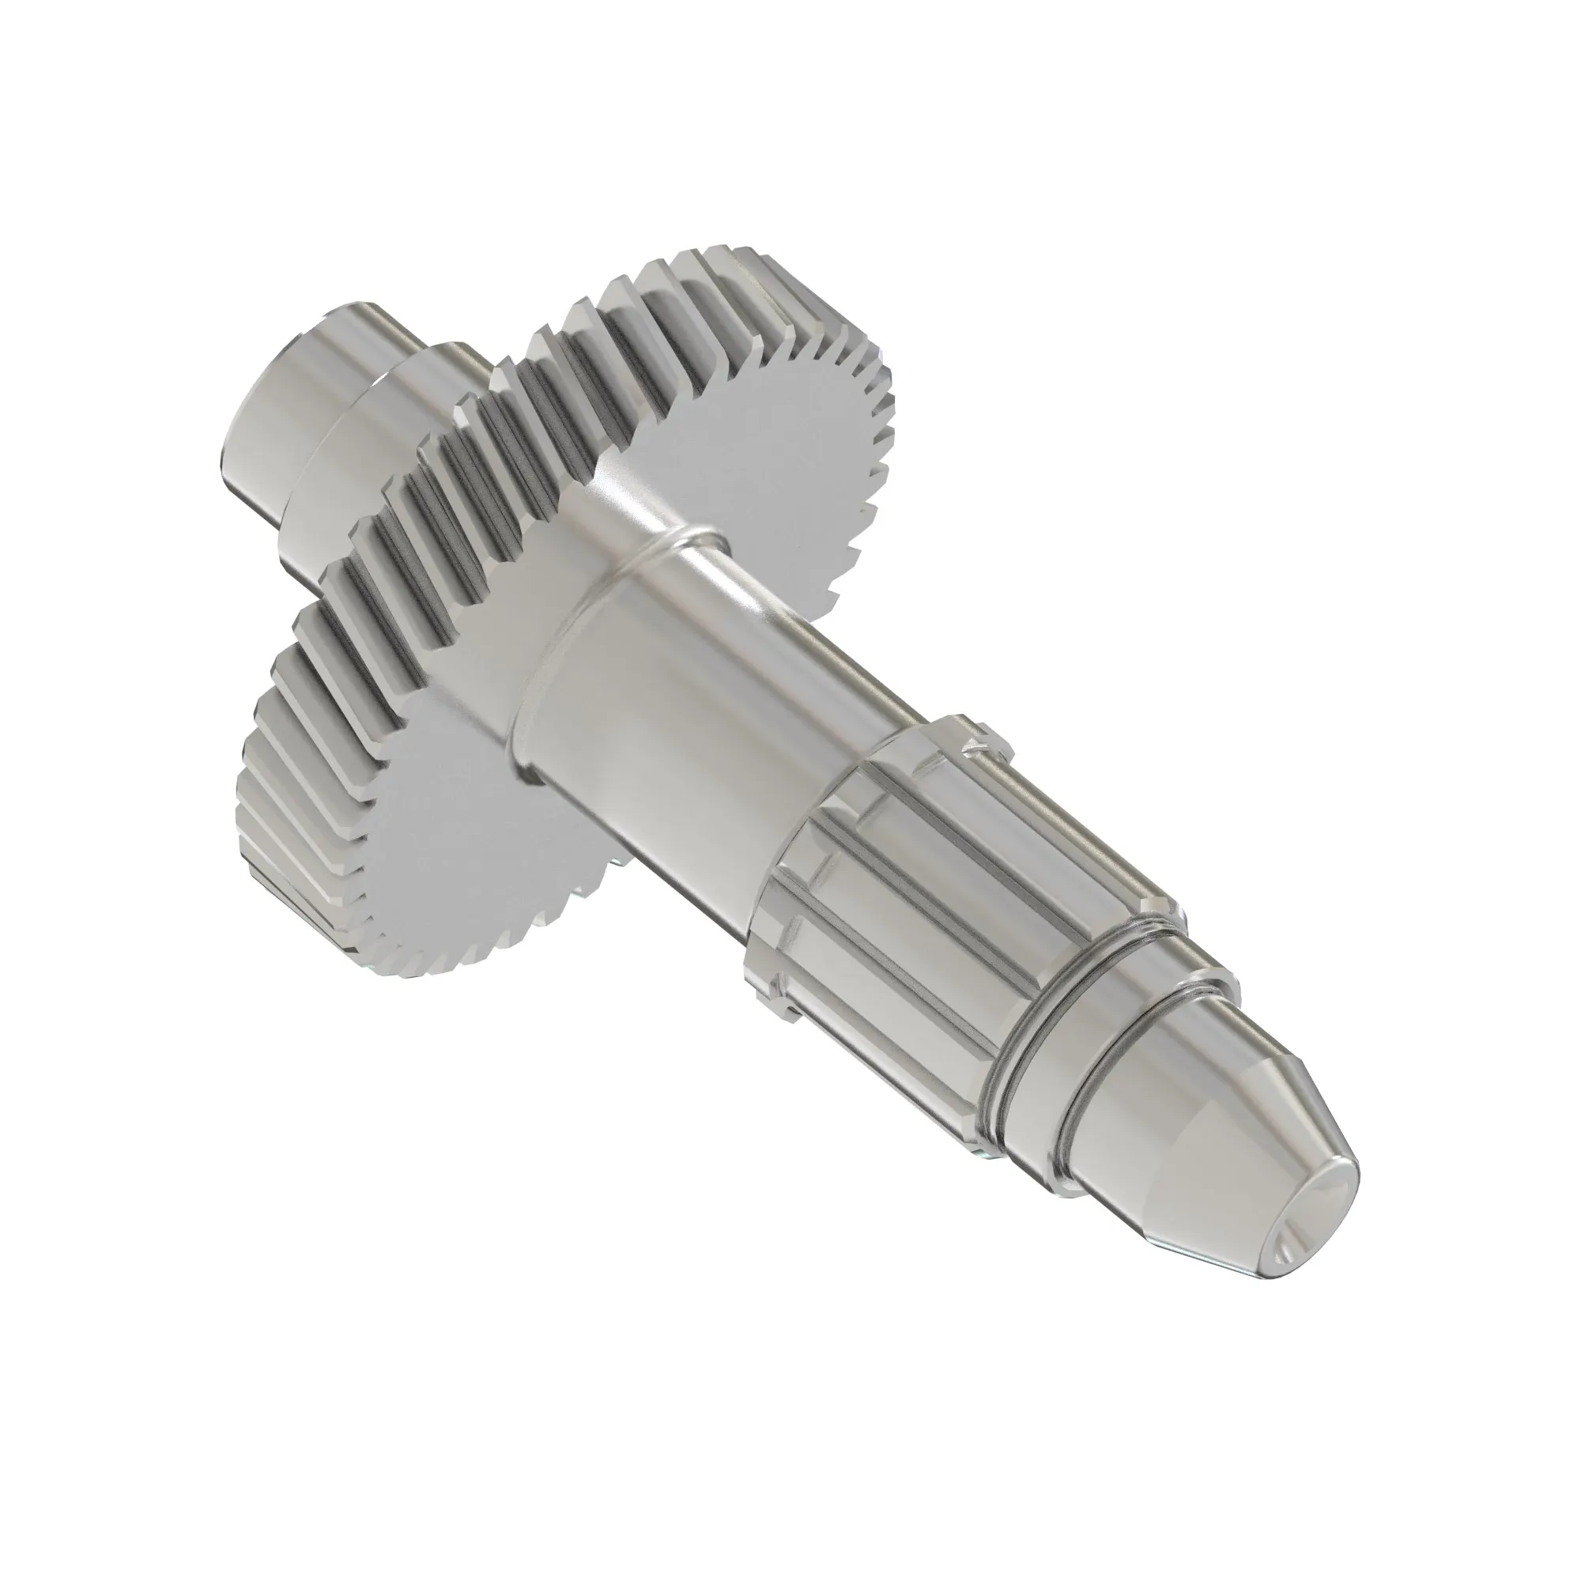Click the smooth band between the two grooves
point(1047,1055)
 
